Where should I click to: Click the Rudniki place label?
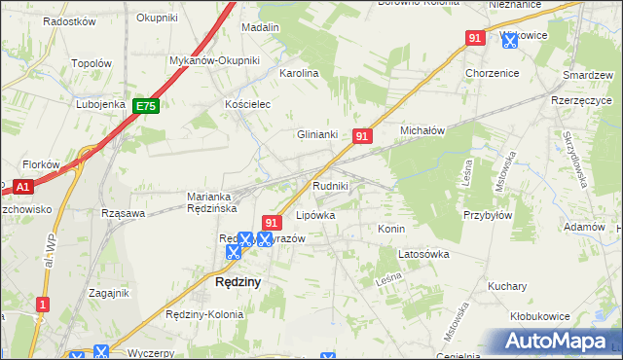(x=330, y=185)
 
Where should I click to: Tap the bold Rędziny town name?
(x=237, y=283)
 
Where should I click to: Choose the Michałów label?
(x=422, y=129)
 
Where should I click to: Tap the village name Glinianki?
(x=317, y=135)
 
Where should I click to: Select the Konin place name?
(x=390, y=229)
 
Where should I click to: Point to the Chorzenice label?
(x=492, y=73)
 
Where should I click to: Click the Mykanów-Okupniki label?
(x=214, y=60)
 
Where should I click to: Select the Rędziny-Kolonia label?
(x=205, y=313)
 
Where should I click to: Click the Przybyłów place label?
(x=487, y=216)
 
